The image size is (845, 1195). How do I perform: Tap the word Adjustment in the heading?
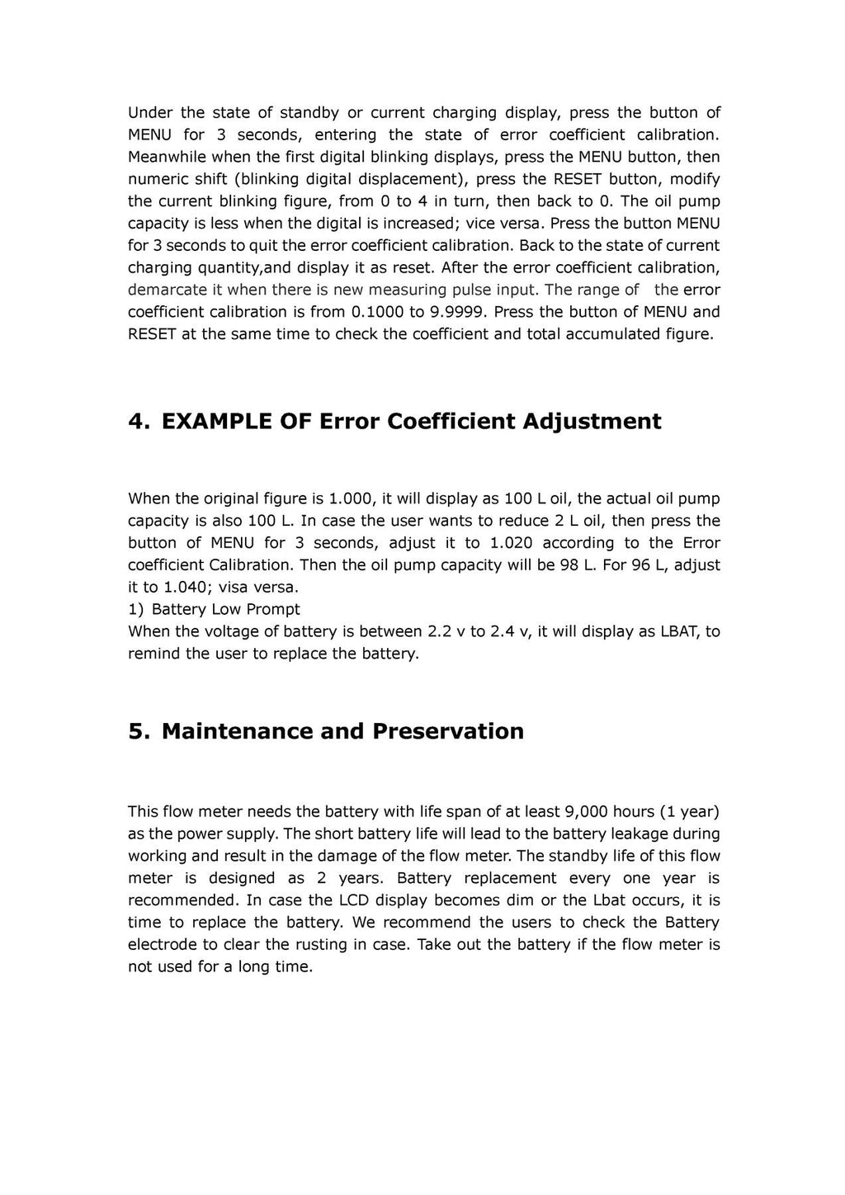(592, 422)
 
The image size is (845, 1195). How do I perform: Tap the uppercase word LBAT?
(680, 631)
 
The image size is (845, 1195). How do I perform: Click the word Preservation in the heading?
(448, 732)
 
